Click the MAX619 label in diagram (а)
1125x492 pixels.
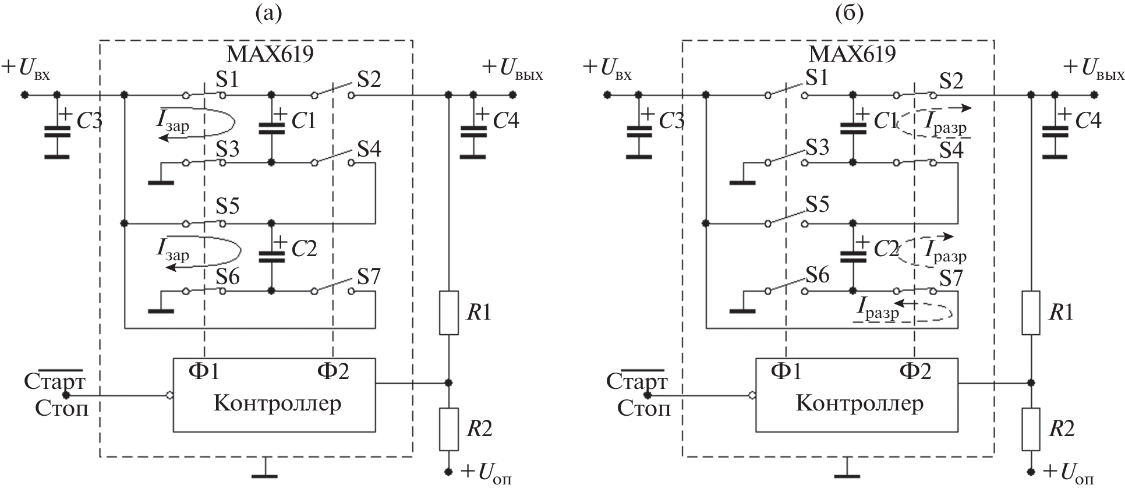(270, 54)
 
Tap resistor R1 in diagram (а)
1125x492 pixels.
(448, 312)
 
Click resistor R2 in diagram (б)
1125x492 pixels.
(1031, 429)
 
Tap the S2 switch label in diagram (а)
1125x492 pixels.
(369, 79)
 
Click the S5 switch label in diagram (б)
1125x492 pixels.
(817, 204)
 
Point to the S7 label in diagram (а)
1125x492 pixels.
(369, 277)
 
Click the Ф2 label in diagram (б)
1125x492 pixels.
(915, 370)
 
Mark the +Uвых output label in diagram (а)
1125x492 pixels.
(512, 69)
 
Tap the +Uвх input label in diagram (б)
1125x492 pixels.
(607, 69)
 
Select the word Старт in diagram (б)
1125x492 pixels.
(636, 382)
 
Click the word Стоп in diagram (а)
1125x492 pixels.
(62, 408)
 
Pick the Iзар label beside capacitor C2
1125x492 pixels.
(173, 250)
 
